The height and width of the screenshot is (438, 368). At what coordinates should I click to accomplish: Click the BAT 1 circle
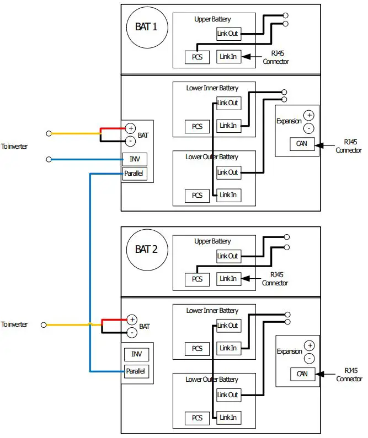point(146,26)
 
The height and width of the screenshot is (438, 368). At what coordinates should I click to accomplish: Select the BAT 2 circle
point(146,249)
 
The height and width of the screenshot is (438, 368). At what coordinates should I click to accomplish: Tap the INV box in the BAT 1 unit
point(135,159)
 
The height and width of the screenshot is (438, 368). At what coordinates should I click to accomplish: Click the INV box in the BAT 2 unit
point(136,354)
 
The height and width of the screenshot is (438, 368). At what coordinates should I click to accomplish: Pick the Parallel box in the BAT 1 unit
point(135,174)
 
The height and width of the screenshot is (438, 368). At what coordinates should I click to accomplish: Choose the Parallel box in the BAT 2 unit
point(136,371)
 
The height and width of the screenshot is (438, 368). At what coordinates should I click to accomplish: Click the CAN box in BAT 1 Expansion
point(301,144)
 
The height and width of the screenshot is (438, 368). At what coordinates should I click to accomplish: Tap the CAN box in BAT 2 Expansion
point(302,374)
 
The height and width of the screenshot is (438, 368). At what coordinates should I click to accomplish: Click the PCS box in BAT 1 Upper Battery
point(197,57)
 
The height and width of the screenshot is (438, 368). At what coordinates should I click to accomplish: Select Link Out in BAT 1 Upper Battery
point(228,34)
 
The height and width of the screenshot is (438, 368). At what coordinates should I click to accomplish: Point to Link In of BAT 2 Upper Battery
point(228,279)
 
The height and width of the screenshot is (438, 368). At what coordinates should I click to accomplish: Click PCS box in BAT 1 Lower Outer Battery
point(197,195)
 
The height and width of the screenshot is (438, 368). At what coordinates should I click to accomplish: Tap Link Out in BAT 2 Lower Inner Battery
point(228,326)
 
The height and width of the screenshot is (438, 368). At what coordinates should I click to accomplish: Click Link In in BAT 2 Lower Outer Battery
point(228,417)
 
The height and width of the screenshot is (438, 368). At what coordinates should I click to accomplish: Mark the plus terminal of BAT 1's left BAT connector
point(130,128)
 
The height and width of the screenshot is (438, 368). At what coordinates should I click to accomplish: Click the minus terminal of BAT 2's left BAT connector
point(131,332)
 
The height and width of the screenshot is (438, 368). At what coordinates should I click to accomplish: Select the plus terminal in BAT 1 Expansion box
point(309,116)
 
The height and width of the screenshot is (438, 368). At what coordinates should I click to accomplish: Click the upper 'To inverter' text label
point(14,147)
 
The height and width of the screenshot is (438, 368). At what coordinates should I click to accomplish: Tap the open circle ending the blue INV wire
point(49,159)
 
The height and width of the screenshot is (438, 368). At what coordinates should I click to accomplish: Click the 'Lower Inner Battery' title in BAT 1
point(212,88)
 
